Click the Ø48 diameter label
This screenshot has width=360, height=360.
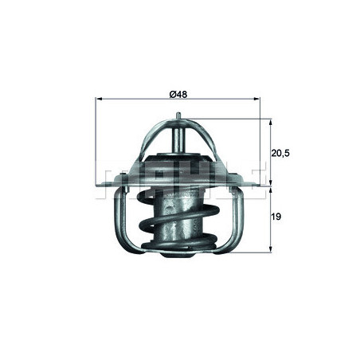coord(178,94)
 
